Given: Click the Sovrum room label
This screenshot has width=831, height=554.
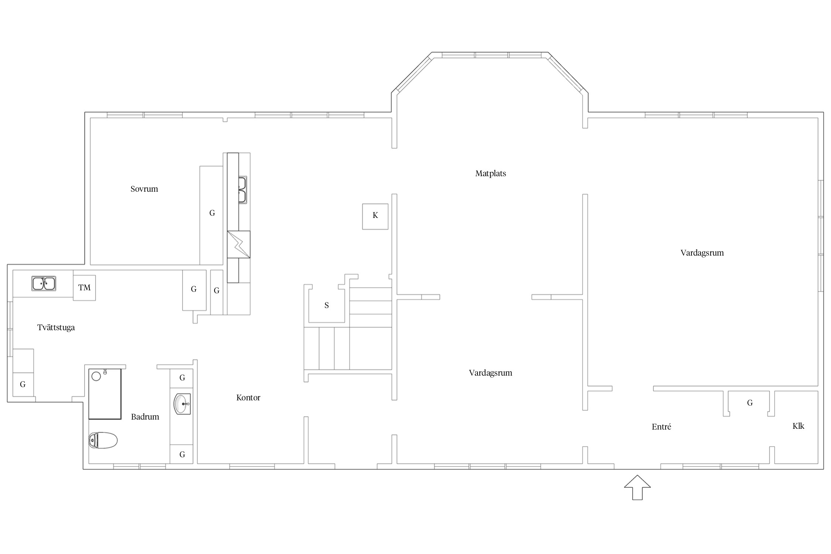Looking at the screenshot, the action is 144,189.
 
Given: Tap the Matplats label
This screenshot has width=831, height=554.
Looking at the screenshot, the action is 490,174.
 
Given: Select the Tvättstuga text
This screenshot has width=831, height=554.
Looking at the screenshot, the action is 56,328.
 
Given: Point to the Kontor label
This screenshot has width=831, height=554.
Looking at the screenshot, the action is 248,398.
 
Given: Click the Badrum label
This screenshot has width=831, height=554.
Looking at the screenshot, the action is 145,417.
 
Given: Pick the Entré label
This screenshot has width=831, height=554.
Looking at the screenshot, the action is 661,427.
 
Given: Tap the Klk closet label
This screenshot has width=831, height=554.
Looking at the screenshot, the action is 798,426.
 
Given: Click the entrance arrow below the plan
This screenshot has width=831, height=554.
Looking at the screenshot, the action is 637,487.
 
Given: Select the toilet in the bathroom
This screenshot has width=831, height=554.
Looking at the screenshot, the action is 103,440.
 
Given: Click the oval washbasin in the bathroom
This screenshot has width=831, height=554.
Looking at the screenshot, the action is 182,404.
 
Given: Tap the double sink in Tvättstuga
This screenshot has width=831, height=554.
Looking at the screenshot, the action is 44,284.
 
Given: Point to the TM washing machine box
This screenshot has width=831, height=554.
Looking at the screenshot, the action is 84,288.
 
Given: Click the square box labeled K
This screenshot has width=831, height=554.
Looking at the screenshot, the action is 375,216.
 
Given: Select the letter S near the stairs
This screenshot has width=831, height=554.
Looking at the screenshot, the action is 326,305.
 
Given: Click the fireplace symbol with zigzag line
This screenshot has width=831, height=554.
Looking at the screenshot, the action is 239,244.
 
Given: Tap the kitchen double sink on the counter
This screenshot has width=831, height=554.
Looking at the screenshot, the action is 242,190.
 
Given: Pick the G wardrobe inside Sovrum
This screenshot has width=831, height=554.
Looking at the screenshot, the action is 212,215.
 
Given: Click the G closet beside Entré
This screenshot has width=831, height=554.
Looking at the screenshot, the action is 750,403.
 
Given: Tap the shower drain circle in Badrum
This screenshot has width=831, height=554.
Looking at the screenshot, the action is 96,376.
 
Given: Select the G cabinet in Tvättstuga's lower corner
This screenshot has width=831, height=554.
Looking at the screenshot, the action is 23,384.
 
